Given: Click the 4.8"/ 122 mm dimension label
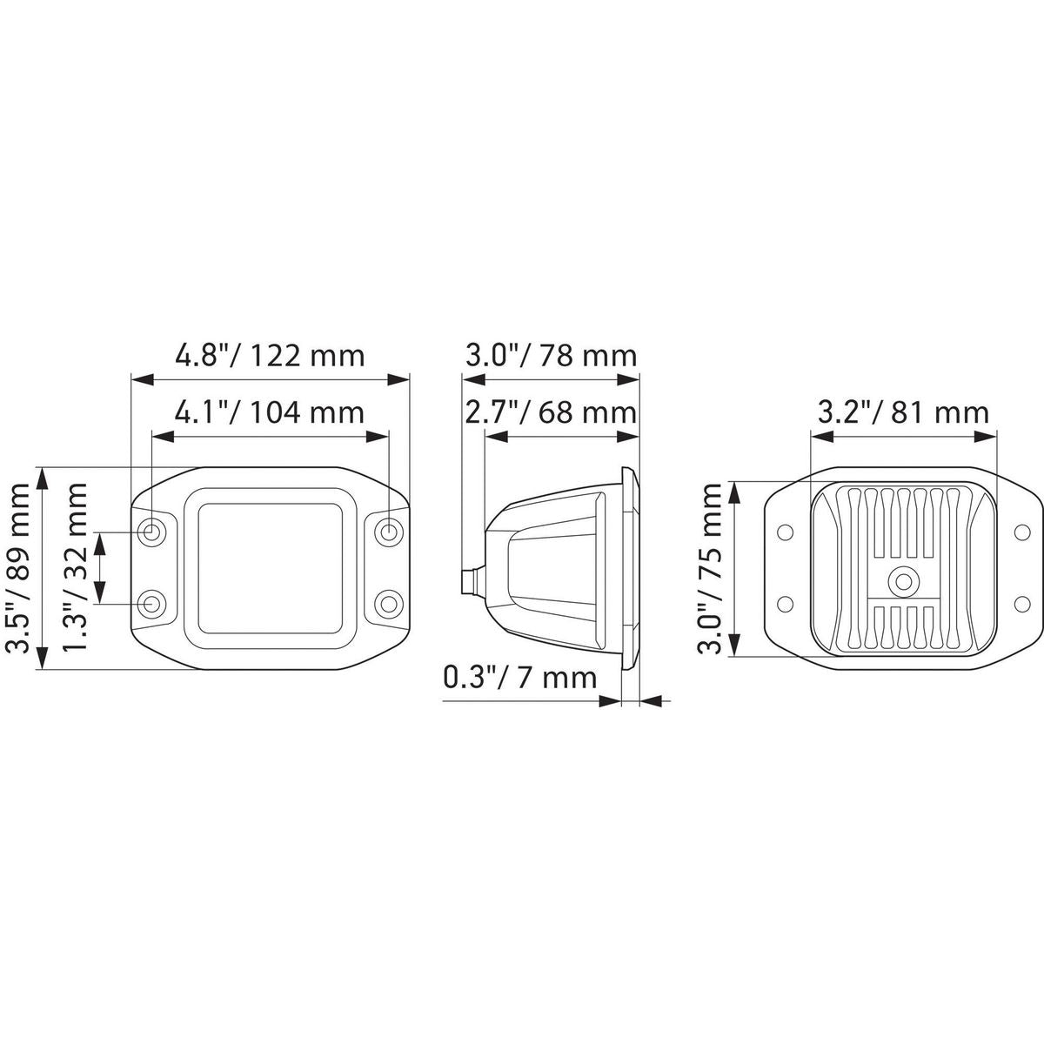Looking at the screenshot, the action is [x=269, y=356].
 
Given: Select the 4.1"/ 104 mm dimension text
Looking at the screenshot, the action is [x=269, y=412].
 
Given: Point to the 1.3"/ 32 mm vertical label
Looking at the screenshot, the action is [x=74, y=568].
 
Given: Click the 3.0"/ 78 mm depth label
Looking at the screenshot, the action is [x=551, y=356].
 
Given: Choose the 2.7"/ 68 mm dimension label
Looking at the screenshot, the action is [x=551, y=412].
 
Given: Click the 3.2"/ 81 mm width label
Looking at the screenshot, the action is [x=903, y=412].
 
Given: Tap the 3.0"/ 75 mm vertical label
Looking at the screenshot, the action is [x=710, y=568].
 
